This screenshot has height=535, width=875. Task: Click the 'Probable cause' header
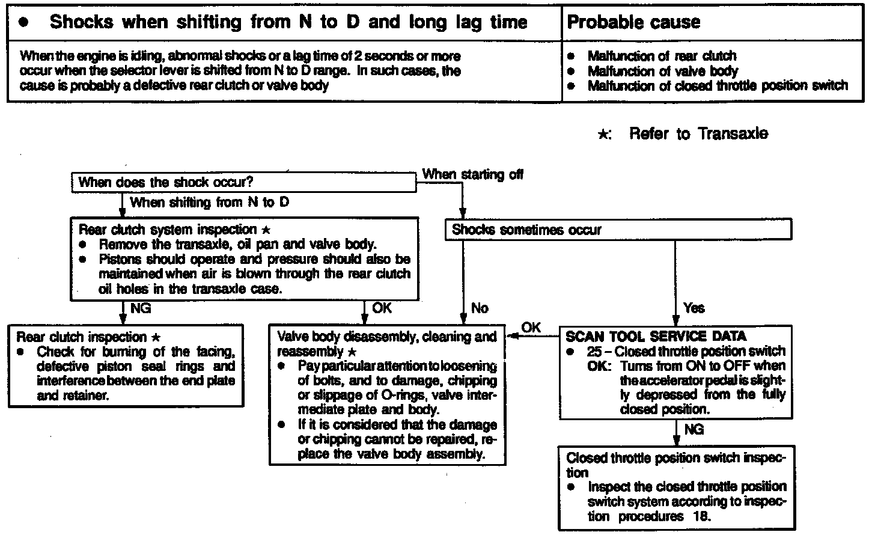pyautogui.click(x=633, y=23)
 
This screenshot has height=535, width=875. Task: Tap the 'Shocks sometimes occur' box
pyautogui.click(x=526, y=230)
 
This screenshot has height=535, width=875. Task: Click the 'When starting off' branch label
pyautogui.click(x=472, y=174)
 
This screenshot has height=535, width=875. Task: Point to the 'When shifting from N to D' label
pyautogui.click(x=209, y=202)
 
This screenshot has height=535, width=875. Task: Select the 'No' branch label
pyautogui.click(x=480, y=308)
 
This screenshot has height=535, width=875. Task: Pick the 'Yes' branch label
pyautogui.click(x=694, y=308)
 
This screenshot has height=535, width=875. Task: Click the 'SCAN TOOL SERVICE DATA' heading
pyautogui.click(x=656, y=337)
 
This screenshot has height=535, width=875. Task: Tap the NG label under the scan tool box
pyautogui.click(x=694, y=429)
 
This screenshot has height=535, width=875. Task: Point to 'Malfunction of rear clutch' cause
pyautogui.click(x=662, y=56)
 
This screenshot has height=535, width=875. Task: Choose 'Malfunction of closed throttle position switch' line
pyautogui.click(x=718, y=86)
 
